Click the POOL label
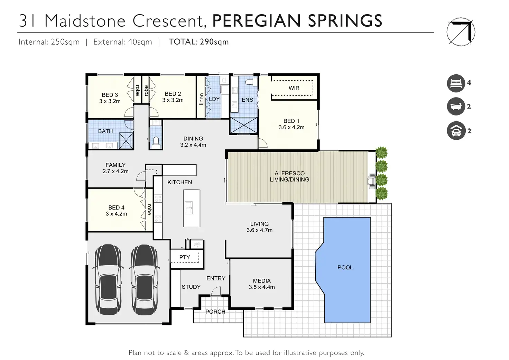click(x=345, y=267)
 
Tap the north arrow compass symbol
click(x=461, y=32)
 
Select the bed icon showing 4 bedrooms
click(x=456, y=83)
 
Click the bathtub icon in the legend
click(x=456, y=107)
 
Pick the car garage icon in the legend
click(x=456, y=130)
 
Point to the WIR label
click(x=294, y=88)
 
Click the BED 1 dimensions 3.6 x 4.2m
click(x=291, y=127)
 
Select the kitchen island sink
click(x=189, y=208)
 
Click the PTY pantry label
click(x=185, y=257)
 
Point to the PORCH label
click(x=215, y=312)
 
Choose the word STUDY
click(x=191, y=287)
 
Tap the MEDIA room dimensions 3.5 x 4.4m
click(x=262, y=287)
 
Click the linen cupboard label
click(x=201, y=99)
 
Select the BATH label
click(x=105, y=131)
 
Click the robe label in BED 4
click(x=149, y=210)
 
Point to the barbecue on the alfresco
click(x=372, y=181)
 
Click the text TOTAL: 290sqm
click(x=198, y=42)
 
